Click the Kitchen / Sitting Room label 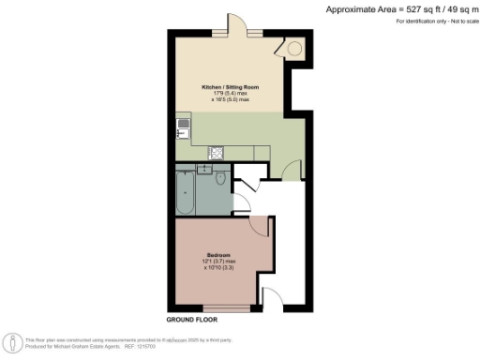point(231,86)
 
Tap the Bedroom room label point(219,255)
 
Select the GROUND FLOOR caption point(192,321)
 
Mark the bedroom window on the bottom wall point(225,307)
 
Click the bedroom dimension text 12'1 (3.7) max point(220,262)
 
